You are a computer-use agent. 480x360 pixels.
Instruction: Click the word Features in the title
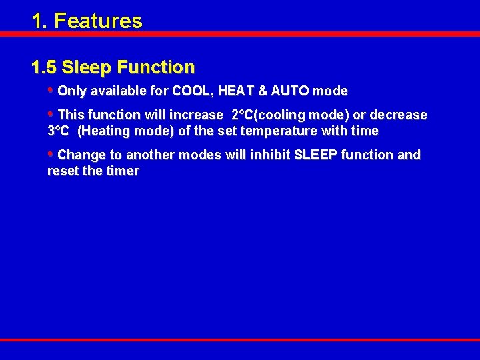pos(98,21)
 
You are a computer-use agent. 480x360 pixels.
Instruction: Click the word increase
pos(197,115)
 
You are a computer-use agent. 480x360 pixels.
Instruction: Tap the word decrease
pos(398,115)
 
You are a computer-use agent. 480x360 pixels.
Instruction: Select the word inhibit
pos(270,155)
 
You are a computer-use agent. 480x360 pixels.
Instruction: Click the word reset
pos(61,171)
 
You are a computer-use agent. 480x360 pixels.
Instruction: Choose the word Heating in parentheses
pos(103,131)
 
